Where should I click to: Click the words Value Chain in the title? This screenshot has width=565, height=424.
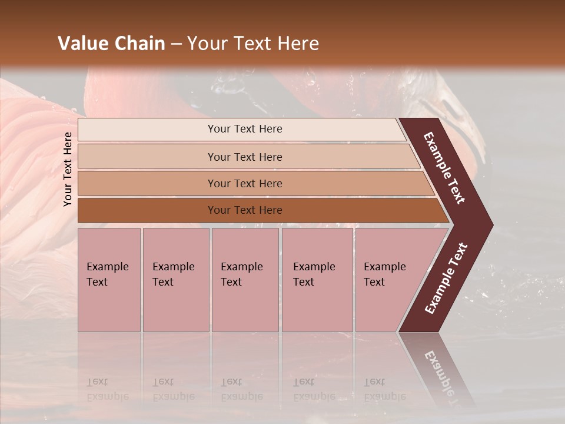pyautogui.click(x=111, y=44)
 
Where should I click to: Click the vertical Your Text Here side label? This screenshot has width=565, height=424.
pyautogui.click(x=68, y=169)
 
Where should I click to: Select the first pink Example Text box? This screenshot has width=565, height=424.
pyautogui.click(x=109, y=280)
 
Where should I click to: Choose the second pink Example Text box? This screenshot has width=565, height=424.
pyautogui.click(x=175, y=280)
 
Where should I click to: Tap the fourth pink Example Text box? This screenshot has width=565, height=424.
pyautogui.click(x=317, y=280)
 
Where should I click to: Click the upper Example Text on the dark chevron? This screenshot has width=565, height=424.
pyautogui.click(x=444, y=168)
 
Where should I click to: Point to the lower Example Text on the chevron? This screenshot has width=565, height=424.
pyautogui.click(x=446, y=278)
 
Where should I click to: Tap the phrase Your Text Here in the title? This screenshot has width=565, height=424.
pyautogui.click(x=253, y=44)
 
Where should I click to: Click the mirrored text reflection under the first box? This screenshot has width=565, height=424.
pyautogui.click(x=107, y=389)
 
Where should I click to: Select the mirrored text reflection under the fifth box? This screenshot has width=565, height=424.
pyautogui.click(x=384, y=389)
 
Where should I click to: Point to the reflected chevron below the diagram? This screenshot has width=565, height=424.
pyautogui.click(x=438, y=371)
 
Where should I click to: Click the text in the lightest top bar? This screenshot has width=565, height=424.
pyautogui.click(x=245, y=129)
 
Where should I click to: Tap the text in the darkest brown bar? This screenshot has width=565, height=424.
pyautogui.click(x=245, y=210)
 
